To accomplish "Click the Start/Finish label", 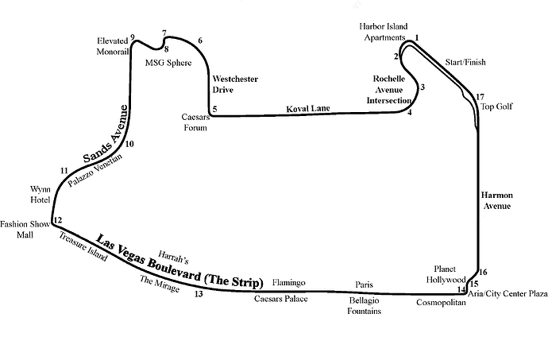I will pos(465,62).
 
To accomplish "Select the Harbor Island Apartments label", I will pos(384,32).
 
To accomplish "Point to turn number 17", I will pos(480,97).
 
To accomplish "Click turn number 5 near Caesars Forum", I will pos(214,110).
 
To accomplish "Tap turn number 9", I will pos(133,37).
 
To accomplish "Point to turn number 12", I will pos(57,220).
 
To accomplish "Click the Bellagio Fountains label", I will pos(365,306).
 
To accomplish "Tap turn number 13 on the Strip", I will pos(199,294).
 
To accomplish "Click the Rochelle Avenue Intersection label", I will pos(392,91).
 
